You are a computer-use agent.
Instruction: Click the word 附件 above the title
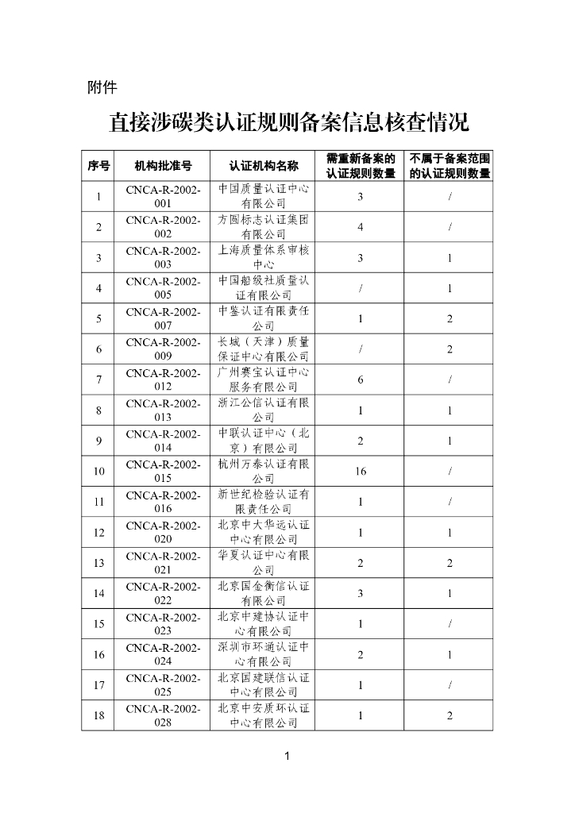[x=102, y=87]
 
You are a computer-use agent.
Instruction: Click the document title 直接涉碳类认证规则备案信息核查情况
[x=288, y=124]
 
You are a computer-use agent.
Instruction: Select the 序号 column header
[x=98, y=166]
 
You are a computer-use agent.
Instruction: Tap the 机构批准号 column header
[x=163, y=166]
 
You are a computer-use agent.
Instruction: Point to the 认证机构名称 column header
[x=264, y=166]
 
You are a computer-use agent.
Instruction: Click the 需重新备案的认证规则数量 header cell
[x=361, y=166]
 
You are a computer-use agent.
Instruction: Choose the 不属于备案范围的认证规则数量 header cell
[x=450, y=166]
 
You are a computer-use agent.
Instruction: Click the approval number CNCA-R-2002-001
[x=163, y=197]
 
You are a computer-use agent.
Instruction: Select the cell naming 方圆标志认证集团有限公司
[x=264, y=227]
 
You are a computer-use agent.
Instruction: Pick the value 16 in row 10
[x=361, y=471]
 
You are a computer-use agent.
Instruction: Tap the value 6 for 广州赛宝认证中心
[x=361, y=380]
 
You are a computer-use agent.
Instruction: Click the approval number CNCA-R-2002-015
[x=163, y=471]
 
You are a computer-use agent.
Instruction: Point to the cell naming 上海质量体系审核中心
[x=264, y=257]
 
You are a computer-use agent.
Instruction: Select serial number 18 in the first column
[x=98, y=715]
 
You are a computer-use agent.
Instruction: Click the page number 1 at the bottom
[x=287, y=757]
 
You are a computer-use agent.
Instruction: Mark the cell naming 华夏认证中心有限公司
[x=264, y=562]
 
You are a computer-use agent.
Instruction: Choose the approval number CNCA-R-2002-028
[x=163, y=715]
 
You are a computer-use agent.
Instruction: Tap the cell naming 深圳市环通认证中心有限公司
[x=264, y=654]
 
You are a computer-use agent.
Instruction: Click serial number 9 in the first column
[x=98, y=441]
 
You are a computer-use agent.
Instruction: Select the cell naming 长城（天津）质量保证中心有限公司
[x=264, y=349]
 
